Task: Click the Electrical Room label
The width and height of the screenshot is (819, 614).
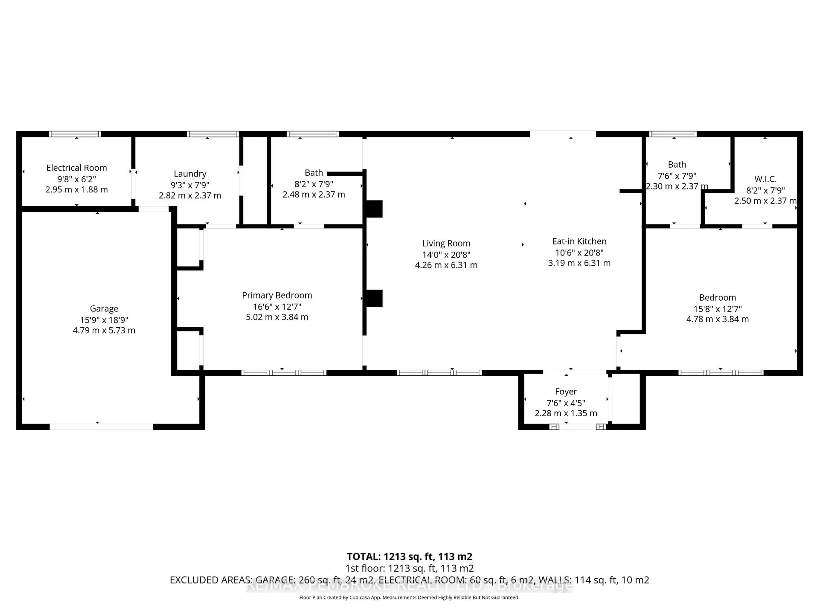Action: click(x=76, y=168)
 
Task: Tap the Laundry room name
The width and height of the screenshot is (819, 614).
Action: click(x=190, y=174)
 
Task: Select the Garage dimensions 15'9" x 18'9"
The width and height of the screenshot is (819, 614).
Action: click(x=104, y=320)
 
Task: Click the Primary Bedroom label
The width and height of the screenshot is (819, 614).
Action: click(x=277, y=295)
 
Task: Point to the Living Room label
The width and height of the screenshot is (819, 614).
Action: click(x=446, y=243)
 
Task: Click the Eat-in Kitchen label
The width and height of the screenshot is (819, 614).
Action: click(x=579, y=241)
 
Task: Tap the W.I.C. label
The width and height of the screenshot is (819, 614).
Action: click(x=765, y=179)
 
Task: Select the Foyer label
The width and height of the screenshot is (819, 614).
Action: click(x=566, y=392)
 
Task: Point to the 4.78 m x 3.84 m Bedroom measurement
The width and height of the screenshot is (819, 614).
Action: click(x=717, y=319)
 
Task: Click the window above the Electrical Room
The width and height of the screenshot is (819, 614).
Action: click(x=75, y=134)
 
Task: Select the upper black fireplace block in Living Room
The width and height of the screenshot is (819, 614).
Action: click(x=374, y=209)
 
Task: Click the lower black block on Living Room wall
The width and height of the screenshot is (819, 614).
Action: click(x=374, y=298)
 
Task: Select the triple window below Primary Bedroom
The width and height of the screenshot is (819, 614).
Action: click(x=284, y=373)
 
